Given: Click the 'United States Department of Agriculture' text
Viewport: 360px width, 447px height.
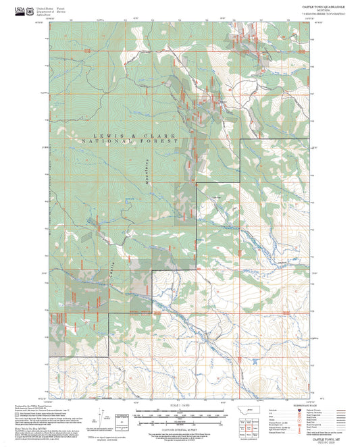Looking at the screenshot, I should click(x=45, y=9).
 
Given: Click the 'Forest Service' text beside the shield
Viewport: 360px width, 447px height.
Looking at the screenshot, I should click(x=63, y=8).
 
